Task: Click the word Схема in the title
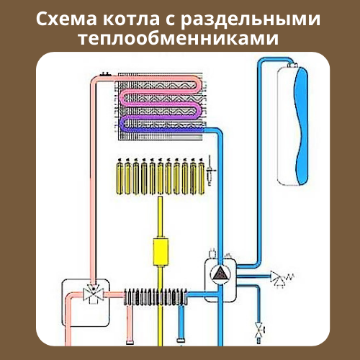coord(66,19)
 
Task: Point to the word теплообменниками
coord(179,38)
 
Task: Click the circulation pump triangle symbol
coord(220,273)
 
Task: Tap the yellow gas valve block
coord(161,251)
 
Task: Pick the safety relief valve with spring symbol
coord(282,279)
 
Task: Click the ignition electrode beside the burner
coord(210,171)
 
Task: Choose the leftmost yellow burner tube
coord(120,177)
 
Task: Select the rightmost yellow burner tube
coord(202,177)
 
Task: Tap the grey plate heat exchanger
coord(156,297)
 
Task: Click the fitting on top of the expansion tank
coord(292,65)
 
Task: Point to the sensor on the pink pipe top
coord(106,74)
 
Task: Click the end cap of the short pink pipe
coord(130,342)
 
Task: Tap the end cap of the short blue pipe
coord(181,341)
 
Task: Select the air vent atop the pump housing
coord(212,253)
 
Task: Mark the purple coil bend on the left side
coord(122,125)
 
